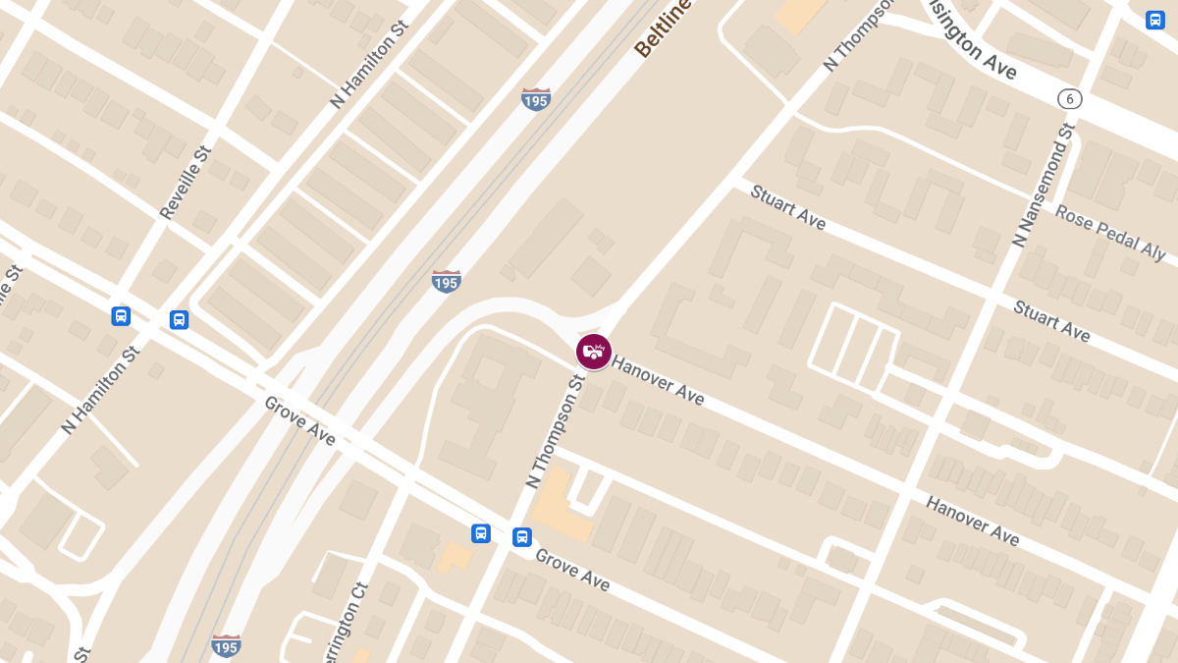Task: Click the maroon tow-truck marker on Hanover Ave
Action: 593,352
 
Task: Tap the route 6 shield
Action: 1069,98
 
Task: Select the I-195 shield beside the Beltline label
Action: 536,98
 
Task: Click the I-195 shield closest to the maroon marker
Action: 446,281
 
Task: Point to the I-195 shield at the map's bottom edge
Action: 227,644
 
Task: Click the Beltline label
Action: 663,28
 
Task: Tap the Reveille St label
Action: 186,183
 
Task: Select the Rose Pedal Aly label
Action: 1110,232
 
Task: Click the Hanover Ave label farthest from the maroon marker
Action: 972,521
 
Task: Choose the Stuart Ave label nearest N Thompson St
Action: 787,207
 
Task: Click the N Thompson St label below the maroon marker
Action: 555,430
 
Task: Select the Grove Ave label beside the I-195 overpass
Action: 300,420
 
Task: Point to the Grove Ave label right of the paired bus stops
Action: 572,570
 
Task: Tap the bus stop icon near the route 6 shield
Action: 1155,20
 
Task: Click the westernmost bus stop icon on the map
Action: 121,316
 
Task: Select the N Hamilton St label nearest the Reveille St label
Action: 369,68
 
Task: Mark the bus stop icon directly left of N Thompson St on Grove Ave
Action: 481,533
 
